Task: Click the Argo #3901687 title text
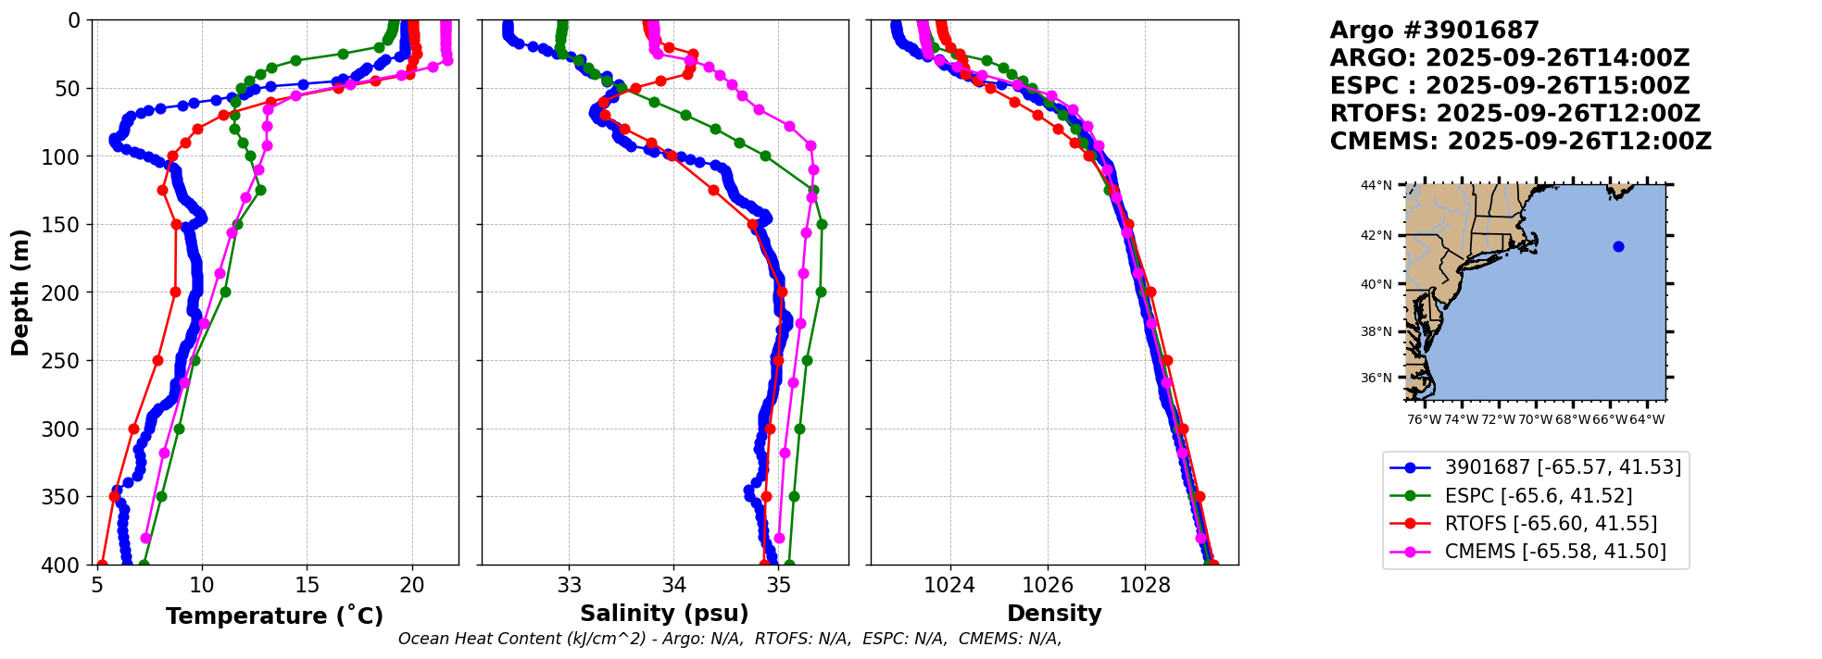(1434, 31)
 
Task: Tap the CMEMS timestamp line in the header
(1520, 142)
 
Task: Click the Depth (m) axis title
(20, 292)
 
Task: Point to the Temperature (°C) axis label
(274, 615)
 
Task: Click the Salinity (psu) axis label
(664, 614)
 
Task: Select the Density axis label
(1054, 614)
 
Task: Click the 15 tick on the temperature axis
(307, 585)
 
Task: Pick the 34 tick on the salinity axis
(673, 585)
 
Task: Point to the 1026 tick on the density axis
(1048, 585)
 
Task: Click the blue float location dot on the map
(1618, 246)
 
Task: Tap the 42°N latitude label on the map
(1376, 235)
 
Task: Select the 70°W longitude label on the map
(1535, 419)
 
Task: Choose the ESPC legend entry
(1538, 495)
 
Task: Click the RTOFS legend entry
(1550, 523)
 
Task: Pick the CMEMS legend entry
(1554, 552)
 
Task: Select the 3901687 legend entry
(1562, 467)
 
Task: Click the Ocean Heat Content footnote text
(729, 639)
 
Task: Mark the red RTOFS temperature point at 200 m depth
(175, 292)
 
